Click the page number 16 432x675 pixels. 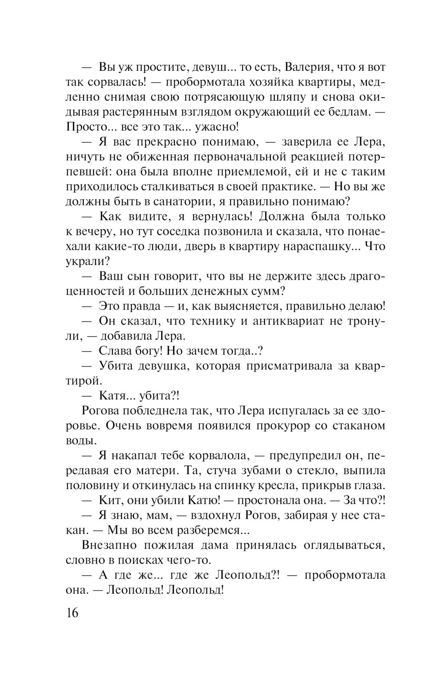tap(73, 612)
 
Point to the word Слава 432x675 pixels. tap(116, 351)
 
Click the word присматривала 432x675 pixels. tap(289, 366)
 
